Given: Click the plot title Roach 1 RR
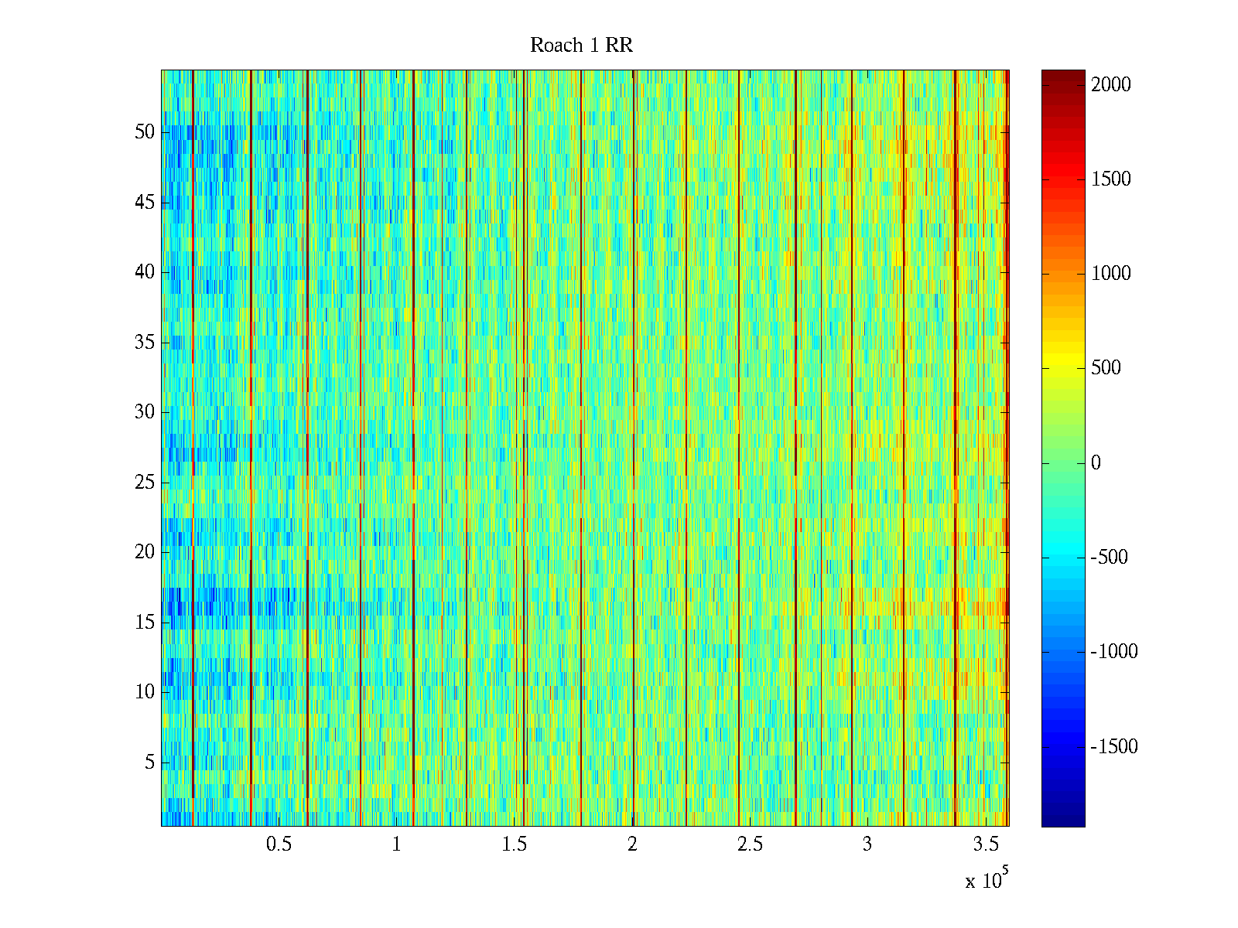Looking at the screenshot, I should point(581,46).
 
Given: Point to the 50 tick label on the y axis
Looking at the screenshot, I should point(145,132).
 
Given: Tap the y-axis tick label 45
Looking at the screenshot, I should point(145,203).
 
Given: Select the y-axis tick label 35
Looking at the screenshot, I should point(145,343).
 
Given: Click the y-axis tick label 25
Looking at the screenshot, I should point(145,483).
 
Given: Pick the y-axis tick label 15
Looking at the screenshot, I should point(145,623).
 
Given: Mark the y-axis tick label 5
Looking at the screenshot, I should point(149,763).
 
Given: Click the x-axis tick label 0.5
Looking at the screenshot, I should point(279,844).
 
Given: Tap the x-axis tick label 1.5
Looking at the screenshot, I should point(515,844).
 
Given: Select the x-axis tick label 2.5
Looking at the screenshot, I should point(750,844).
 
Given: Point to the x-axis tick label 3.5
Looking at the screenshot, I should point(985,844).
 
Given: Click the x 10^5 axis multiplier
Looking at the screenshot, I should point(987,880).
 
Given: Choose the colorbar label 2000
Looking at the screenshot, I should point(1111,85).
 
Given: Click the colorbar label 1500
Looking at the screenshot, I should point(1111,179).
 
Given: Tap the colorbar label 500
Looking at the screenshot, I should point(1106,368).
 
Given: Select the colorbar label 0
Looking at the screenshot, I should point(1096,463).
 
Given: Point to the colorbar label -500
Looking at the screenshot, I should point(1109,558).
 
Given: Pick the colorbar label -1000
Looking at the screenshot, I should point(1114,652).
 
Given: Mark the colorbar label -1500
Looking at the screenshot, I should point(1114,747).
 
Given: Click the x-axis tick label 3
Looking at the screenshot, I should point(867,844).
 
